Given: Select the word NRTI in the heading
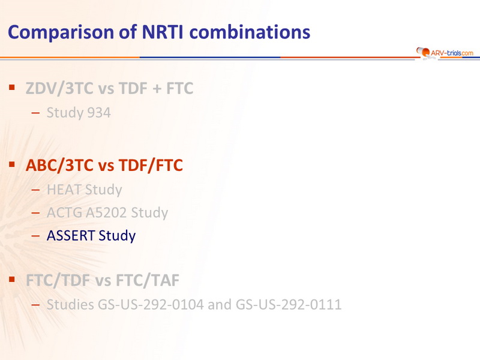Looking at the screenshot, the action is (163, 32).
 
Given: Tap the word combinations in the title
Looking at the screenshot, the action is (250, 32).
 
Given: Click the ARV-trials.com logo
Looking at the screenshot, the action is (445, 53).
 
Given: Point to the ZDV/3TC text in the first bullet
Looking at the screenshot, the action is (59, 88).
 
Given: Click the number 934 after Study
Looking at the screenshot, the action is (99, 113).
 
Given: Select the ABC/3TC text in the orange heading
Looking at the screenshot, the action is (59, 166).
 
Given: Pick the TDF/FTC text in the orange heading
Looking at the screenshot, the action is (151, 166).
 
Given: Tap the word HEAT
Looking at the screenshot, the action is (64, 190).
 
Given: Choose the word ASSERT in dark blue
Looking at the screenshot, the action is (70, 235).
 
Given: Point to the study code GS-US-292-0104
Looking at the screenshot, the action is (151, 305).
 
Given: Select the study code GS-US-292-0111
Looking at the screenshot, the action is (289, 305).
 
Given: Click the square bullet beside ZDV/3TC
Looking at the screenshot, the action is (12, 88).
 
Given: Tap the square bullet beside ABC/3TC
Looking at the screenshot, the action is (12, 164).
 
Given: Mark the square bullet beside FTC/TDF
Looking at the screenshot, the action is (12, 280).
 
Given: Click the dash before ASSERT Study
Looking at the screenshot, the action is (35, 236).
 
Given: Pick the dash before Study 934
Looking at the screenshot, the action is (35, 113).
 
